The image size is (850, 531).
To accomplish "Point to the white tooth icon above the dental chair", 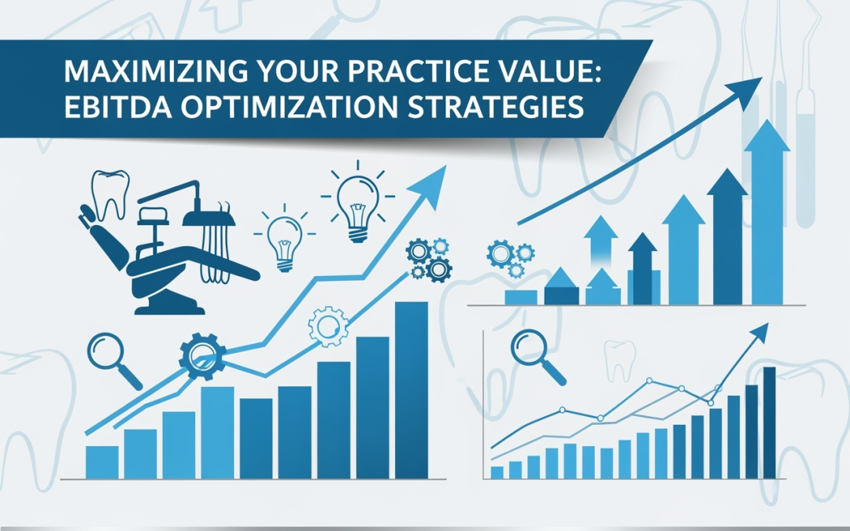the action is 111,194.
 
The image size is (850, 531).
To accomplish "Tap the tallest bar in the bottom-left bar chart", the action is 412,390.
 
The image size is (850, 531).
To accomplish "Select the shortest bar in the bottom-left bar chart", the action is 102,463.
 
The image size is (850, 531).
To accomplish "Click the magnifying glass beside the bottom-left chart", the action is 113,360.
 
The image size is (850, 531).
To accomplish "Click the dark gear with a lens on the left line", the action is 202,356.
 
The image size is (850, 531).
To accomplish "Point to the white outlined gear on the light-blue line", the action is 328,326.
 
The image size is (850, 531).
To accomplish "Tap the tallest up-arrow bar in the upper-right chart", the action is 767,212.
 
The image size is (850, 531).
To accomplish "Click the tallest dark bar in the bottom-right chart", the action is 769,422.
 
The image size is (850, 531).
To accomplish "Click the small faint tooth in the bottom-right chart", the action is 619,360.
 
